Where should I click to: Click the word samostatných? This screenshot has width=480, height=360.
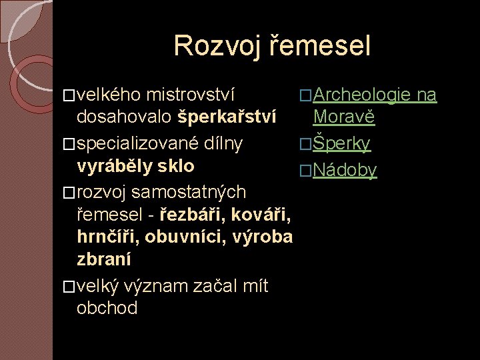click(x=189, y=192)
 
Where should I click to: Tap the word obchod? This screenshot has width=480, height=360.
click(x=107, y=308)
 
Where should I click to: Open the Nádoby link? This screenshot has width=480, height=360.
click(x=345, y=170)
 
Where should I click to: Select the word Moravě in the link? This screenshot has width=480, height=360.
click(x=345, y=117)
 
